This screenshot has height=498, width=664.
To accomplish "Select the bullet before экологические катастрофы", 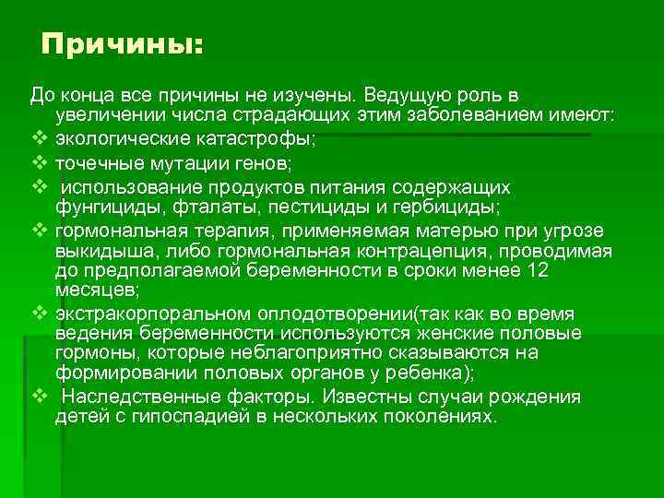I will (38, 139).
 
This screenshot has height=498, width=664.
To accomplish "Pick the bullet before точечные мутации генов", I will (38, 162).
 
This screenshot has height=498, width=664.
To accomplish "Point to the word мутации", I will (180, 162).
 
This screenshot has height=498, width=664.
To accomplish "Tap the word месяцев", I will (96, 290).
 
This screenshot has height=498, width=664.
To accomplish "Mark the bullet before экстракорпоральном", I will (38, 314).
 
